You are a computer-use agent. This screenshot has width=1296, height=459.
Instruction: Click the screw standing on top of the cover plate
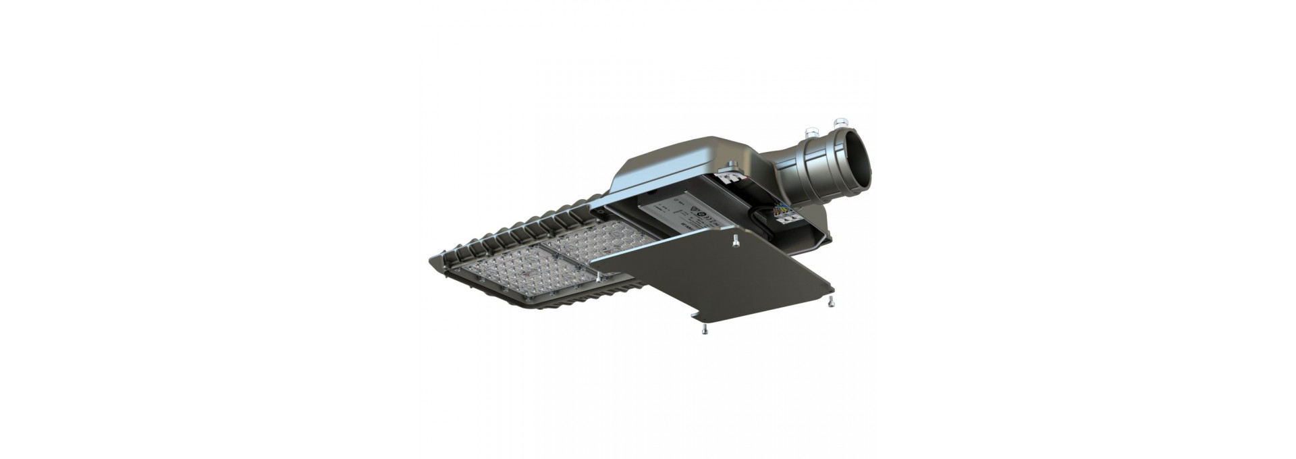(734, 238)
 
